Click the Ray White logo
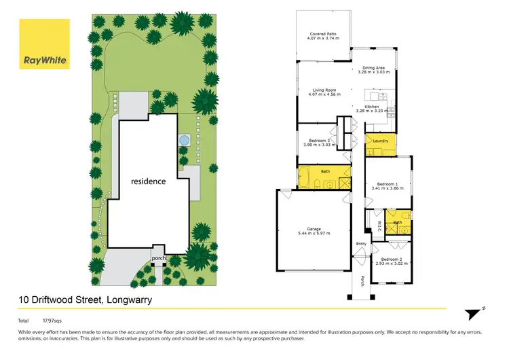(x=44, y=45)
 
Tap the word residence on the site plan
(x=149, y=181)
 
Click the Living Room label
(x=324, y=90)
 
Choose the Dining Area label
(x=373, y=68)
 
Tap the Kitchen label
(x=371, y=107)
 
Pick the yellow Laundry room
(x=380, y=141)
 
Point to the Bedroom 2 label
(x=392, y=259)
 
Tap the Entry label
(x=360, y=243)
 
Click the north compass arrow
(x=474, y=312)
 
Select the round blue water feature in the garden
(x=183, y=141)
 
